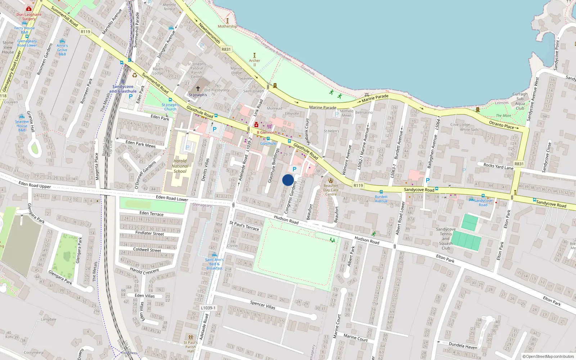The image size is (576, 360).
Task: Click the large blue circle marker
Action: click(x=288, y=180)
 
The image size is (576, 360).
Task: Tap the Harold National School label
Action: click(x=180, y=166)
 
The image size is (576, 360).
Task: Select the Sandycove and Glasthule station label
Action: click(x=123, y=89)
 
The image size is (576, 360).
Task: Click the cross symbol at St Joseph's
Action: click(x=198, y=88)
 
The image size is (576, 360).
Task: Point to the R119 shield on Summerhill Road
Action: click(x=85, y=32)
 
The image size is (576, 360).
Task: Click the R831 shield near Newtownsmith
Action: click(x=226, y=49)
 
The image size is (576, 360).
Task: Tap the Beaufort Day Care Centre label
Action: click(x=331, y=190)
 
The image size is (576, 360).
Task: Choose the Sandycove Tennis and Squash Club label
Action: click(x=446, y=238)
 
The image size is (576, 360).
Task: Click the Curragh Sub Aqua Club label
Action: click(x=520, y=101)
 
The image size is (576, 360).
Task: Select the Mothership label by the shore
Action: click(x=227, y=26)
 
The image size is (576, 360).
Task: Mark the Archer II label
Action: click(x=255, y=63)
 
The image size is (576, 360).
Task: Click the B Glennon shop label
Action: click(x=265, y=132)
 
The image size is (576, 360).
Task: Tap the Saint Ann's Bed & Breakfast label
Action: click(x=214, y=264)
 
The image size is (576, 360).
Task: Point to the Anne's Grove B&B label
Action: click(x=62, y=50)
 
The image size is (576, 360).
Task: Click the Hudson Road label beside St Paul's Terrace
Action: click(x=286, y=220)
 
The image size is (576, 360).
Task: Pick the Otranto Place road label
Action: click(x=504, y=125)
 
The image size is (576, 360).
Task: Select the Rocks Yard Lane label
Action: click(x=498, y=167)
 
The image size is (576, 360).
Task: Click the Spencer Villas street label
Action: click(x=262, y=305)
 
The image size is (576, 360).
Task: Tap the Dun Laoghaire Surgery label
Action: click(x=29, y=17)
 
